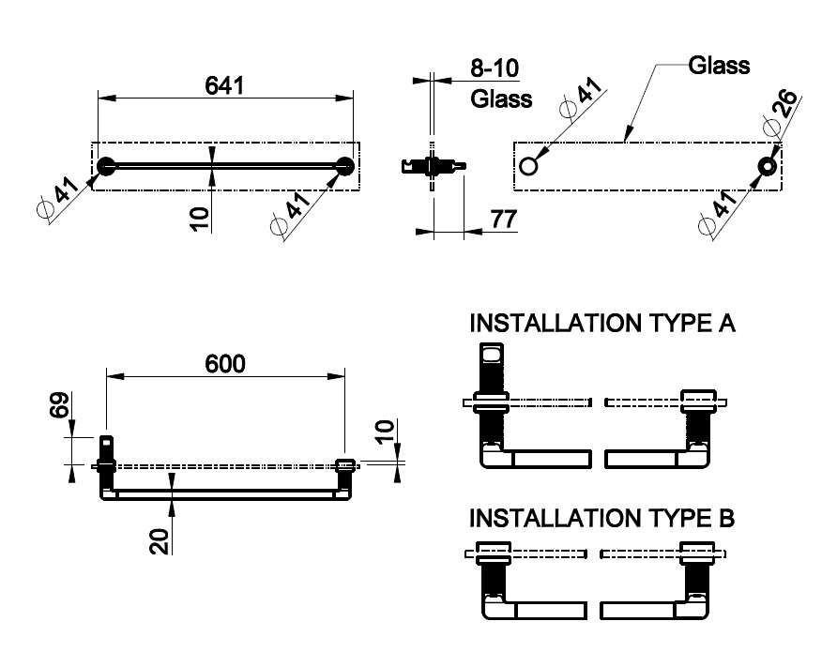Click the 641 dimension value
225,85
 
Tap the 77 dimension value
504,220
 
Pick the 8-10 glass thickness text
494,68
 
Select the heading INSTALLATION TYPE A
601,324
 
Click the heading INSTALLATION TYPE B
601,518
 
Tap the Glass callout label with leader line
719,66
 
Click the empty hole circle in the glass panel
528,167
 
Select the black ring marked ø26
769,167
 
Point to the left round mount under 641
106,167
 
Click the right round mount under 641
345,167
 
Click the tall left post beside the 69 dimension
106,466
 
